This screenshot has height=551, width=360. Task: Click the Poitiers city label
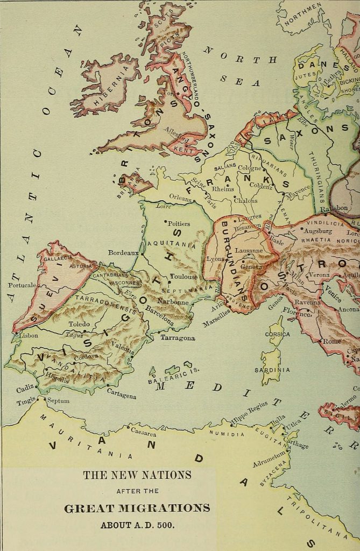coord(179,223)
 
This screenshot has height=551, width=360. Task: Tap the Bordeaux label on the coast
coord(123,252)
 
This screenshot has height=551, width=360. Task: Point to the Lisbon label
coord(28,335)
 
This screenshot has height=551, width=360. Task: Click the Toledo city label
coord(79,324)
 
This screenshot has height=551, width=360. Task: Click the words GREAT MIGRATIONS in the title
coord(137,508)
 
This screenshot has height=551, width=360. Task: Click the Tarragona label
coord(178,338)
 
